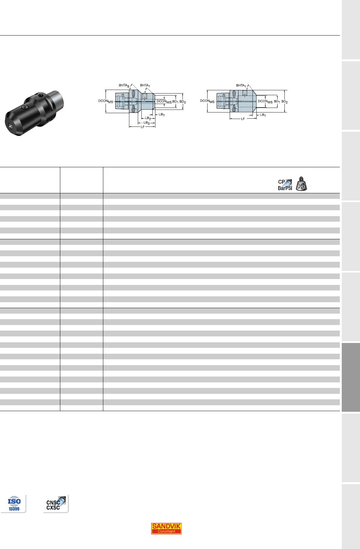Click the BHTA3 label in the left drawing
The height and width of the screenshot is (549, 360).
[x=124, y=85]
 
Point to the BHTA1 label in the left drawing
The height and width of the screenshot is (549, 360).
[x=145, y=85]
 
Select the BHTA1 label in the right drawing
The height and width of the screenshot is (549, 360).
[x=241, y=85]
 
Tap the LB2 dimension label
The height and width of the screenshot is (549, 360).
[x=148, y=118]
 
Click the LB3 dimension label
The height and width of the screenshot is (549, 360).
[x=147, y=123]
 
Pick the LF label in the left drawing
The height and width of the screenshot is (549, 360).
[x=142, y=127]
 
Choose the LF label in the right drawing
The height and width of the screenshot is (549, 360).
[x=243, y=119]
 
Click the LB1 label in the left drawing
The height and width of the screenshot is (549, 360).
[x=162, y=115]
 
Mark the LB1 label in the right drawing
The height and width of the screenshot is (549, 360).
[x=263, y=115]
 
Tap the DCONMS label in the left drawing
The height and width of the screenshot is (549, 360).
[x=106, y=101]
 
